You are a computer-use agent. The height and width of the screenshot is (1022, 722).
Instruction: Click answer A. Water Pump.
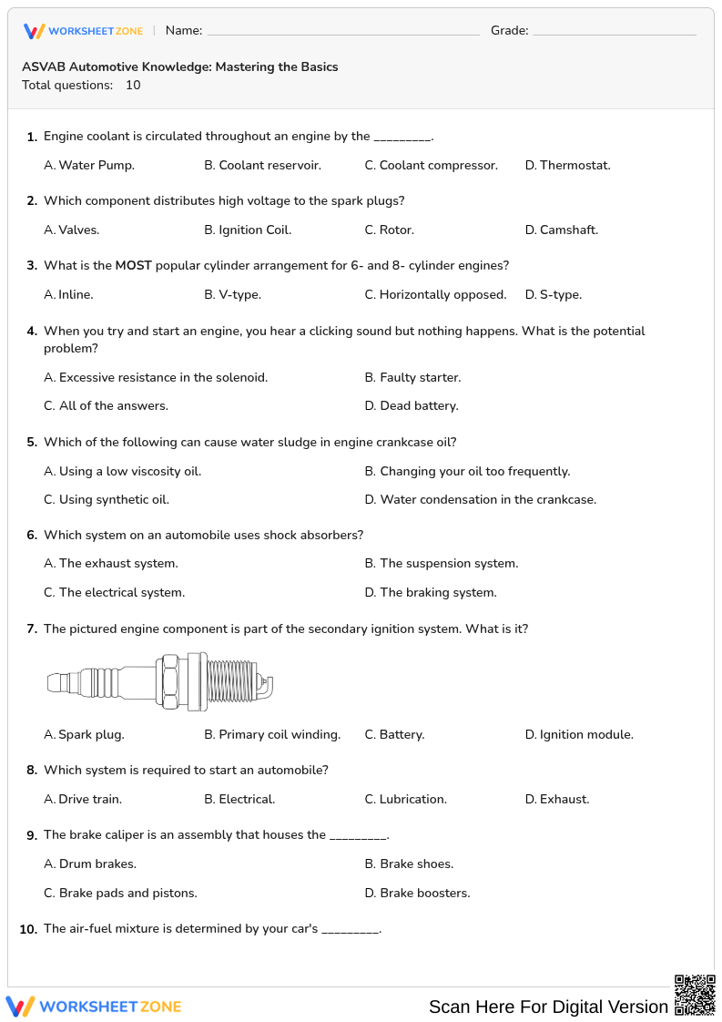[x=89, y=166]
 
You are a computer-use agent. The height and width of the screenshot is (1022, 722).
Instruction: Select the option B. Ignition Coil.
[x=248, y=230]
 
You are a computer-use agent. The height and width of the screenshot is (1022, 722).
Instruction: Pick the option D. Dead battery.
[x=412, y=406]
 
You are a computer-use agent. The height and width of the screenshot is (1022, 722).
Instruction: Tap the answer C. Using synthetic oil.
[x=107, y=500]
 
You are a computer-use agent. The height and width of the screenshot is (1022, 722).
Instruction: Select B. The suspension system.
[x=442, y=564]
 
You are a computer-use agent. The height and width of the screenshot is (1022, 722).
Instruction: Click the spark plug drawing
[x=160, y=681]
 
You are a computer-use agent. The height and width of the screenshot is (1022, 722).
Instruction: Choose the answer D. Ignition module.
[x=579, y=735]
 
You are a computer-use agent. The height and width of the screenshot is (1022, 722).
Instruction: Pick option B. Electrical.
[x=239, y=800]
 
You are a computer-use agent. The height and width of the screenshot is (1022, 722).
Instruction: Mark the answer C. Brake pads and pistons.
[x=120, y=894]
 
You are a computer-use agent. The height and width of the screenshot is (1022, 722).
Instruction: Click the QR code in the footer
[x=695, y=995]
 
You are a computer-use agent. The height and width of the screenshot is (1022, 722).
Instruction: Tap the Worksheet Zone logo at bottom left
[x=94, y=1007]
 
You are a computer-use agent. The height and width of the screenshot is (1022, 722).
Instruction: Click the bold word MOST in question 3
[x=133, y=266]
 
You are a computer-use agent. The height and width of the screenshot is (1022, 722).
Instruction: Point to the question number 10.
[x=28, y=929]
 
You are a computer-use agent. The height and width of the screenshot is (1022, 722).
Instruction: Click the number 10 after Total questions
[x=133, y=86]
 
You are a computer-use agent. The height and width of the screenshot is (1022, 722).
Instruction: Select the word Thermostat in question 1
[x=575, y=166]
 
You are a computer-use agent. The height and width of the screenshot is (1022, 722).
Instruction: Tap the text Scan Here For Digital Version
[x=548, y=1007]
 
